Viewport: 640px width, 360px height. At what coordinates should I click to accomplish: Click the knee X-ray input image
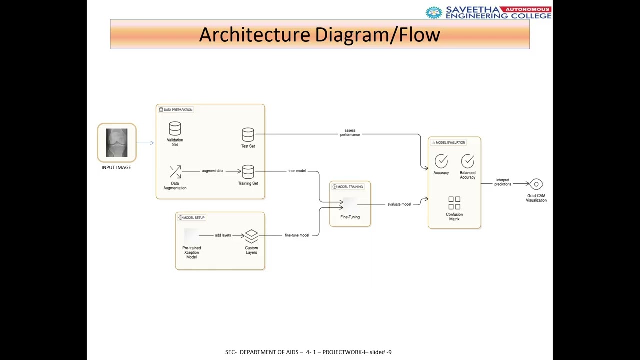(x=117, y=143)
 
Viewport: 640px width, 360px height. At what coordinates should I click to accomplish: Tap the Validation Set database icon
(x=175, y=128)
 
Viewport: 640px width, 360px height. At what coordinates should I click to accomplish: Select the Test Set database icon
(x=248, y=135)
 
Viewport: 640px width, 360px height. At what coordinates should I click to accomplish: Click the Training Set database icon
(x=248, y=172)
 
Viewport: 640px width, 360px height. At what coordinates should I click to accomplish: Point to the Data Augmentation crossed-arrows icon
(x=175, y=172)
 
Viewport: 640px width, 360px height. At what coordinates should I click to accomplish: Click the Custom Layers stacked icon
(x=251, y=236)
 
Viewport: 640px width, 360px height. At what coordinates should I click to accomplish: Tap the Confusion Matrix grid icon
(x=454, y=203)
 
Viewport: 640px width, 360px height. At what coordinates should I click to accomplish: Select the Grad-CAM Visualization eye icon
(x=536, y=184)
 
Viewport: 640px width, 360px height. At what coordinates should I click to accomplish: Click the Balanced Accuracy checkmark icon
(x=468, y=161)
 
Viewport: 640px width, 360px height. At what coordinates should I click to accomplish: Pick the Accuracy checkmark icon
(x=441, y=161)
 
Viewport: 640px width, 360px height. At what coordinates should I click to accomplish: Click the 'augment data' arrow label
(x=213, y=171)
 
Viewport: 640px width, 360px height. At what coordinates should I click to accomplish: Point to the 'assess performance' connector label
(x=350, y=132)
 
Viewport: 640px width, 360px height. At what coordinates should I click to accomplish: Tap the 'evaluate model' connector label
(x=399, y=204)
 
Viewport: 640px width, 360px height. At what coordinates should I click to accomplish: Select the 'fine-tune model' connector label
(x=297, y=235)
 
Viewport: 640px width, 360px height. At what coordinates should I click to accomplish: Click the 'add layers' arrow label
(x=223, y=235)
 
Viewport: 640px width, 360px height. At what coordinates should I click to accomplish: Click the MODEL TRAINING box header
(x=348, y=187)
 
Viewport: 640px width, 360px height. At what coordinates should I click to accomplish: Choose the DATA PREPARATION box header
(x=176, y=110)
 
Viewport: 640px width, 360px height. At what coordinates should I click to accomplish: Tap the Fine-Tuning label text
(x=350, y=217)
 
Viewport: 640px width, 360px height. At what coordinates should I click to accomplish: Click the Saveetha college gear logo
(x=434, y=12)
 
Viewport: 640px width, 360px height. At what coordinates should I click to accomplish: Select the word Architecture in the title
(x=255, y=35)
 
